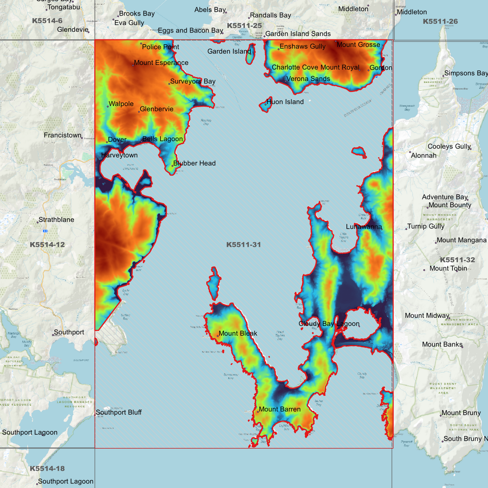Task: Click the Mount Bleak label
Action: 238,333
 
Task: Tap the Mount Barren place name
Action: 279,409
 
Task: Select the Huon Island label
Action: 285,102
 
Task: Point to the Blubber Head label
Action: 194,163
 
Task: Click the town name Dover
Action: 117,140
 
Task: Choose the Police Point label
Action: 160,47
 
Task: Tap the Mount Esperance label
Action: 161,63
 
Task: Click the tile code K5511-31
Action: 243,245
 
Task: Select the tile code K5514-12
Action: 47,245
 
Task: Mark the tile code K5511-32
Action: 457,260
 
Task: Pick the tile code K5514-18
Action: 47,469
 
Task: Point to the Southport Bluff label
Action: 119,412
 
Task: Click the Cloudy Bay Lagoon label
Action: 329,324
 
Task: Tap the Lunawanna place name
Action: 364,227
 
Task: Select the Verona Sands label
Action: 308,79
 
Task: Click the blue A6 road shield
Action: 45,231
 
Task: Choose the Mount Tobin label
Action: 448,268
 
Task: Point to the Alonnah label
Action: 423,156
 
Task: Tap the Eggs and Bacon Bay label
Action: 190,31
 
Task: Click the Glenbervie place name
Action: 156,109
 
